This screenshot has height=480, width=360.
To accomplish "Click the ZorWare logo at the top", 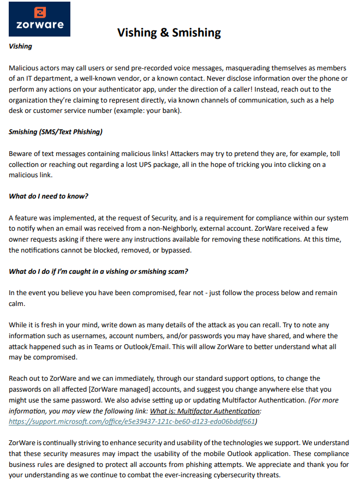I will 39,19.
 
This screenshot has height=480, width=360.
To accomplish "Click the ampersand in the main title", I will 165,33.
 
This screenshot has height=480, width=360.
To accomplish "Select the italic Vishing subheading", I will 20,46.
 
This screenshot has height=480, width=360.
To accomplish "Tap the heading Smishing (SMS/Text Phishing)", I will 56,131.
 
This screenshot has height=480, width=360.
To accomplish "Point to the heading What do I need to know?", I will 49,196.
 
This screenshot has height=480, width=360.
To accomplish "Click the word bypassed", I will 177,250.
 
